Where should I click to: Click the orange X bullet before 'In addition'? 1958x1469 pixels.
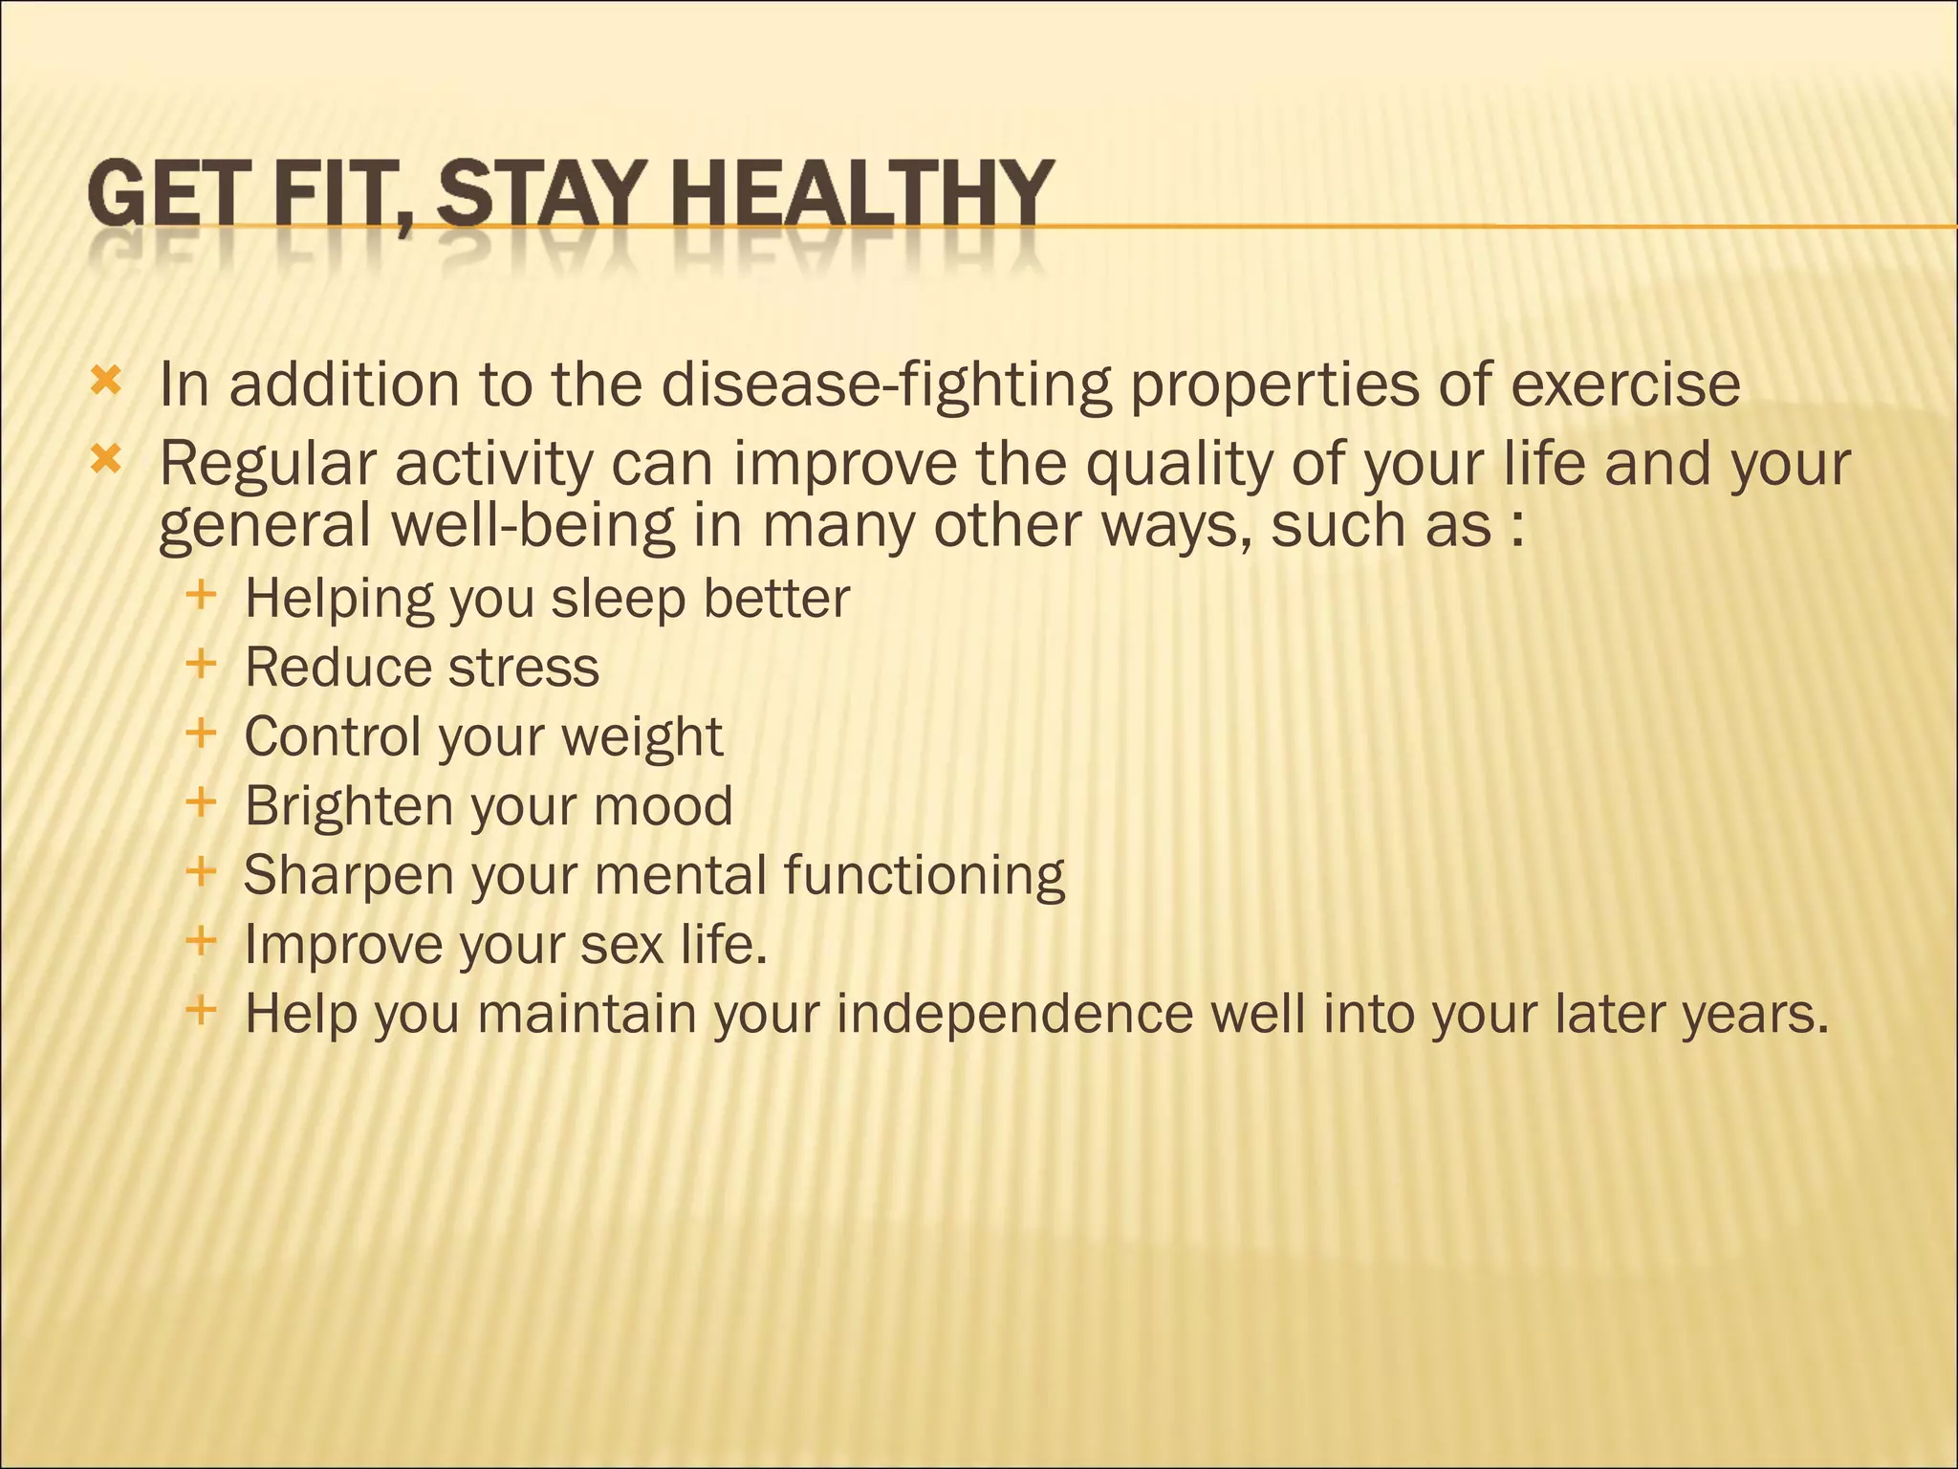105,383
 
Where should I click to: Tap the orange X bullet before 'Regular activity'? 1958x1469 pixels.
105,462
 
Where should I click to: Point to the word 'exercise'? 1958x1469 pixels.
1624,384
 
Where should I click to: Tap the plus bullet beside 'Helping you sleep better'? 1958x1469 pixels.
202,595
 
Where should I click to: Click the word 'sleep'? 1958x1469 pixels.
618,600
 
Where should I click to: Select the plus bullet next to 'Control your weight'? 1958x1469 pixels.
202,734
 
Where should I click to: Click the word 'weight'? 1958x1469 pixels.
642,737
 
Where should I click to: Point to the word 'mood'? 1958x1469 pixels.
663,805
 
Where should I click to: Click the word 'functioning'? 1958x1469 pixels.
925,875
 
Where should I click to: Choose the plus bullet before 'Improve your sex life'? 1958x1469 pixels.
202,941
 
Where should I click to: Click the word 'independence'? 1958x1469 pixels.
1014,1014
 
